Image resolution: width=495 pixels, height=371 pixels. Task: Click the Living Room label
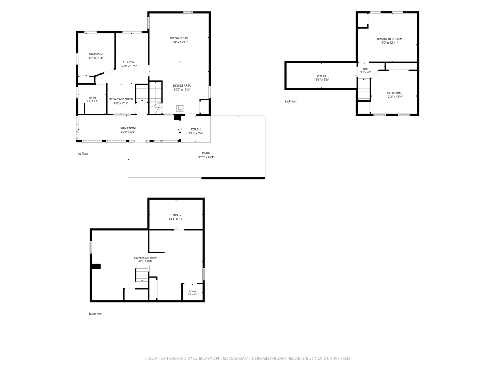(x=179, y=38)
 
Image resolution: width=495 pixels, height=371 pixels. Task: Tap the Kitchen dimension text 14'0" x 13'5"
(x=128, y=66)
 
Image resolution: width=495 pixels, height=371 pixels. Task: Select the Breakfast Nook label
(x=121, y=99)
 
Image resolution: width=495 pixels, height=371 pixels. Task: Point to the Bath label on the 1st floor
(x=92, y=97)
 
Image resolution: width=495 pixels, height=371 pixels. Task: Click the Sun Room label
(x=128, y=128)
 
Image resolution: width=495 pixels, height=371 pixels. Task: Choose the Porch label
(x=196, y=129)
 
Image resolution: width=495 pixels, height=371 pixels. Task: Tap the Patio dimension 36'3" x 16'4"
(x=206, y=157)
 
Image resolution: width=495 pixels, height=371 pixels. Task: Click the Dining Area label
(x=181, y=85)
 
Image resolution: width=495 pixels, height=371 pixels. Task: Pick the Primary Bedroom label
(x=389, y=39)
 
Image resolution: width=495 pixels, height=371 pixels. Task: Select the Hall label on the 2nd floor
(x=366, y=69)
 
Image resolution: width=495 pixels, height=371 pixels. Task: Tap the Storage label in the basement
(x=176, y=215)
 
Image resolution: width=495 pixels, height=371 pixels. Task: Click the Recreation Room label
(x=145, y=257)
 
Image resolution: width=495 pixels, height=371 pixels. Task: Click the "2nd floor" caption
(x=290, y=102)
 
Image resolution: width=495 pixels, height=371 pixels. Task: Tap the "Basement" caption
(x=96, y=313)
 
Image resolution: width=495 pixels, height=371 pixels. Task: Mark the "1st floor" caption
(x=82, y=154)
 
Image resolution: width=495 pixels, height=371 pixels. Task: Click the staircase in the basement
(x=142, y=273)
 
